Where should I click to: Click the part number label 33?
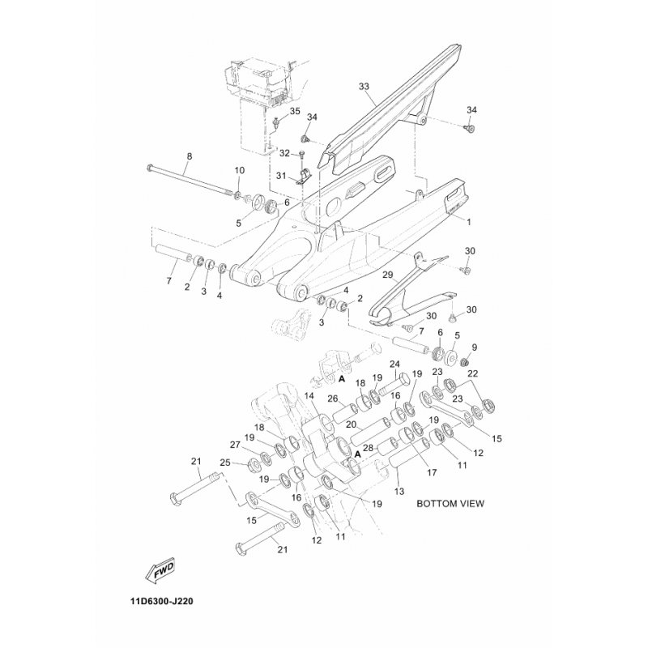(x=363, y=86)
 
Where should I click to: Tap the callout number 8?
(x=190, y=156)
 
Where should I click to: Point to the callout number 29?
(x=387, y=275)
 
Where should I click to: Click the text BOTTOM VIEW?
(x=450, y=503)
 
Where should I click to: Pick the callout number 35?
(x=295, y=110)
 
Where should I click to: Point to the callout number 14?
(x=309, y=396)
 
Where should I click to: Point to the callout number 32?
(x=284, y=153)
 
